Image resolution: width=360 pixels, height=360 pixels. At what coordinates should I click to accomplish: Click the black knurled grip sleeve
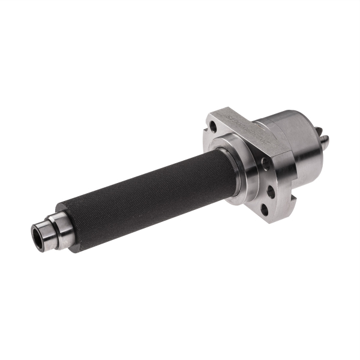click(x=150, y=192)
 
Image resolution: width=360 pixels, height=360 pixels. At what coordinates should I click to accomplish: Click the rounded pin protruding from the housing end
click(x=325, y=142)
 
